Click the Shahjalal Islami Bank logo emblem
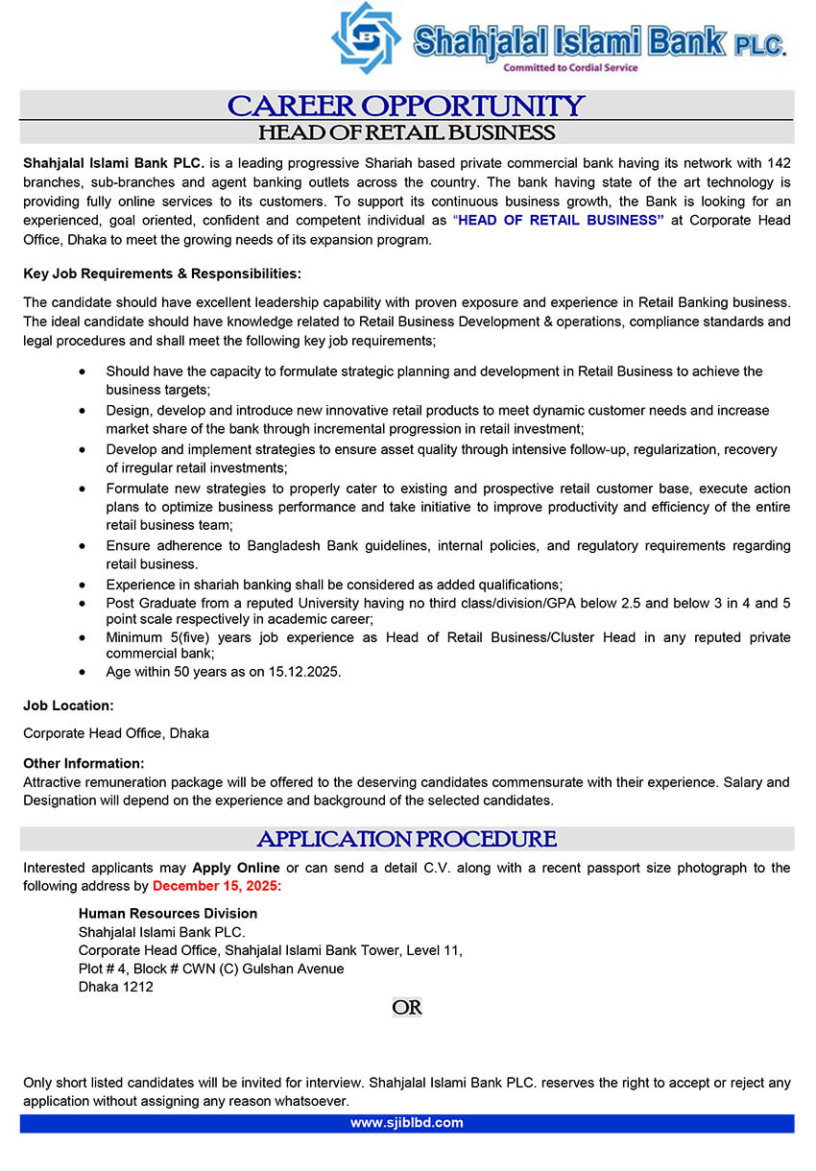(366, 38)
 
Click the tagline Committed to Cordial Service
(570, 68)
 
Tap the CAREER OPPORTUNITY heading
(406, 105)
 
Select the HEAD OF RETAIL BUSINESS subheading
(406, 132)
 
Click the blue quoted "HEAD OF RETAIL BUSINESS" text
(559, 220)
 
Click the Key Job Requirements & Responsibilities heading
(162, 274)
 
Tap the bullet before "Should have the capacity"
(85, 371)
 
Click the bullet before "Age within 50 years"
(85, 672)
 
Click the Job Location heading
(68, 705)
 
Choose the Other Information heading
(84, 764)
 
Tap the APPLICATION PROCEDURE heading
(406, 839)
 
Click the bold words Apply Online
(236, 868)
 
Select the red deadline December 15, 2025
(217, 886)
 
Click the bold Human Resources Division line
(168, 914)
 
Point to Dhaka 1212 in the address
(115, 987)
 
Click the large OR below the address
(407, 1008)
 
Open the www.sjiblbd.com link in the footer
(406, 1123)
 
